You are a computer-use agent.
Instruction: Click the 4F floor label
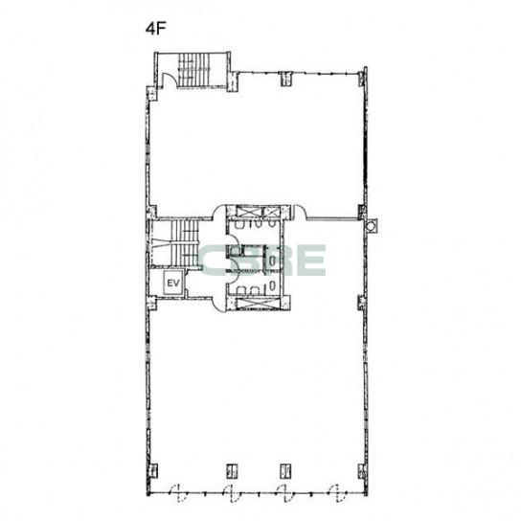click(155, 30)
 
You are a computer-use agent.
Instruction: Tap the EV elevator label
click(173, 283)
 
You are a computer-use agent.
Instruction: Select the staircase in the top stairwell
click(194, 70)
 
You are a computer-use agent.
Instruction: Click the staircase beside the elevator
click(185, 243)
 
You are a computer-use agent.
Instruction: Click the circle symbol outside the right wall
click(370, 226)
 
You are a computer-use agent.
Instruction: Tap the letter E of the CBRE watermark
click(311, 260)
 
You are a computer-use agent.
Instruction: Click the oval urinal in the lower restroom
click(272, 284)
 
